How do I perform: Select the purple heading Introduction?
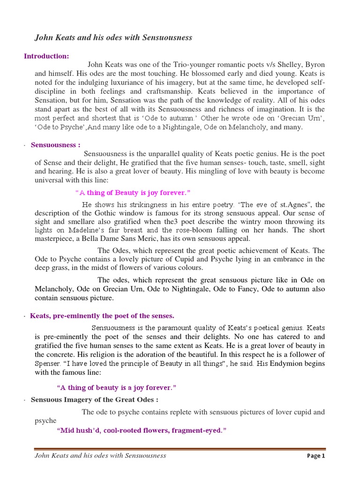click(46, 56)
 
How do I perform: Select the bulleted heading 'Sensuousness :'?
click(56, 145)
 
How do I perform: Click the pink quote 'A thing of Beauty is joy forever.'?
click(133, 193)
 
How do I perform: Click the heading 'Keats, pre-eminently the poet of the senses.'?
click(102, 316)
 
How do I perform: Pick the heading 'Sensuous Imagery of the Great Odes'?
click(94, 400)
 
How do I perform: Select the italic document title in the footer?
click(100, 455)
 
